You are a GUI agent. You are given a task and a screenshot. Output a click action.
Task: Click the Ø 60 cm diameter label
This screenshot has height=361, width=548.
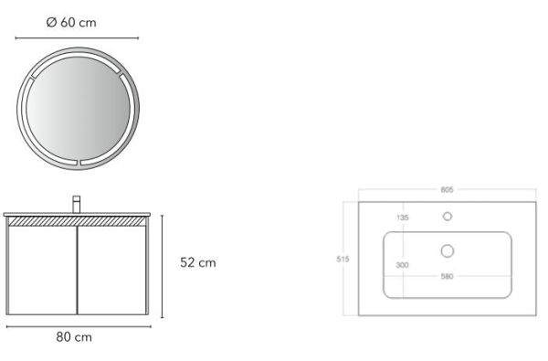click(71, 22)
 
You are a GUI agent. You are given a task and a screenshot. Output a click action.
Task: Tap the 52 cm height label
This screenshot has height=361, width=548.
click(198, 262)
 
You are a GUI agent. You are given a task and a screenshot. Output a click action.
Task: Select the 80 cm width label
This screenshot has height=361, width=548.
click(74, 337)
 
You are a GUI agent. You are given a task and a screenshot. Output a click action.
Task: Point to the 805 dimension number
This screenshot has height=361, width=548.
click(447, 189)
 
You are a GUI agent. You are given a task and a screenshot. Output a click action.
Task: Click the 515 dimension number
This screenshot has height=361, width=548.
click(342, 260)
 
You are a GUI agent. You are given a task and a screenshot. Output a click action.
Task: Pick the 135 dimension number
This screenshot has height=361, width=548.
click(402, 218)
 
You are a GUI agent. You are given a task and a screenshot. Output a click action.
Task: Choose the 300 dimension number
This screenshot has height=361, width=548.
click(402, 265)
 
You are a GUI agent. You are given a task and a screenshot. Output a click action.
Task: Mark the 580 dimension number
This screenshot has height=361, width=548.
click(447, 276)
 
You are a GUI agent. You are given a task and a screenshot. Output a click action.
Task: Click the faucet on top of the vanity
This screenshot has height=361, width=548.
click(76, 204)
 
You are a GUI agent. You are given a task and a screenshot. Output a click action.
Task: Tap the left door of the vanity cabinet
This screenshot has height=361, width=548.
click(42, 270)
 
